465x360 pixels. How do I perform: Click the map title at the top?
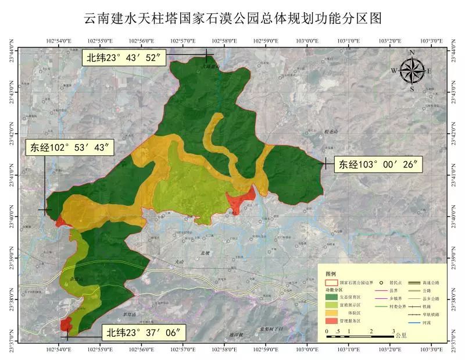point(233,18)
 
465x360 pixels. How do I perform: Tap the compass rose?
point(412,71)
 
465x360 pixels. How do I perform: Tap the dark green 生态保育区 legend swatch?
point(331,296)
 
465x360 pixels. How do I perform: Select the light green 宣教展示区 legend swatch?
point(331,304)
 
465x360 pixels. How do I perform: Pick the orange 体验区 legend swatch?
point(331,312)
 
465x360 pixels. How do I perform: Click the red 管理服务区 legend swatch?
point(331,320)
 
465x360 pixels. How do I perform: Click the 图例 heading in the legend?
point(331,273)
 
